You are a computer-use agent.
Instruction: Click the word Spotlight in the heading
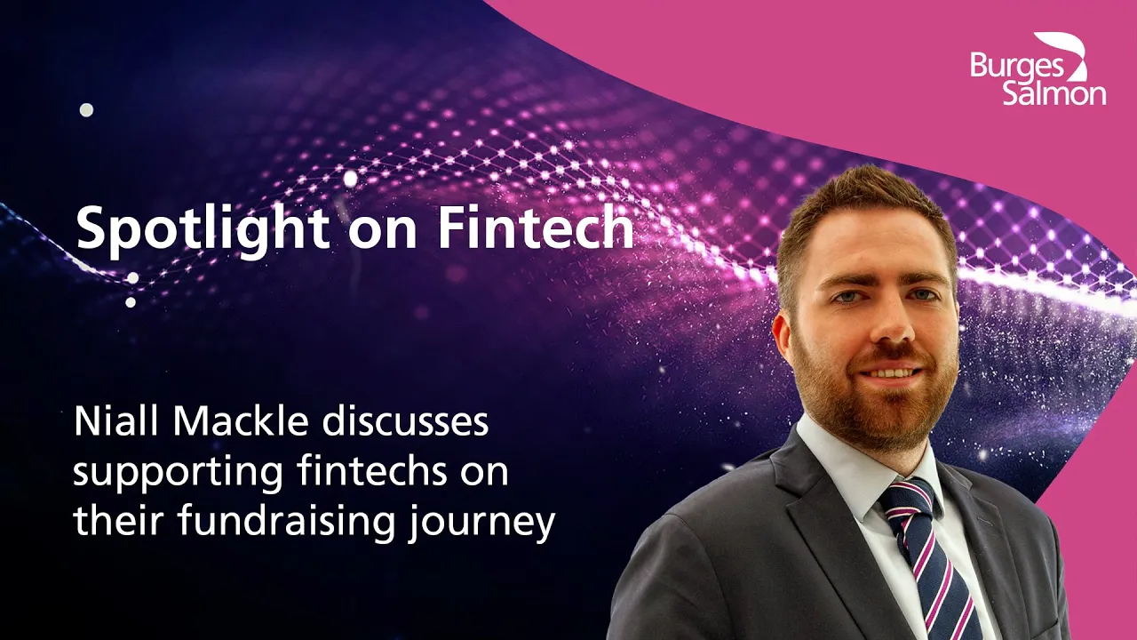coord(202,229)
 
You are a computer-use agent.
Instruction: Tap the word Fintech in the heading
coord(536,227)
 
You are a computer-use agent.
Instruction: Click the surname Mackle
coord(241,421)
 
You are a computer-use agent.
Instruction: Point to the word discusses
coord(405,421)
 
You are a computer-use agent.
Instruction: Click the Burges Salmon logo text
coord(1038,81)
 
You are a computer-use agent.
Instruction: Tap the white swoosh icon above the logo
coord(1063,55)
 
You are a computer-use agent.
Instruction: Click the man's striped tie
coord(934,559)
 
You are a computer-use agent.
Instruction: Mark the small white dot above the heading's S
coord(87,109)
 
